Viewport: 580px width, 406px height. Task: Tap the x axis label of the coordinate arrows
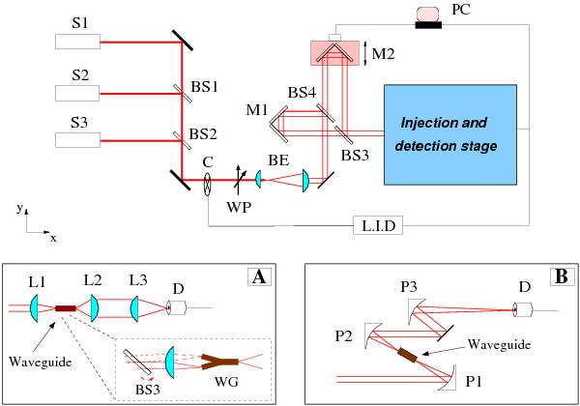(x=53, y=236)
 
